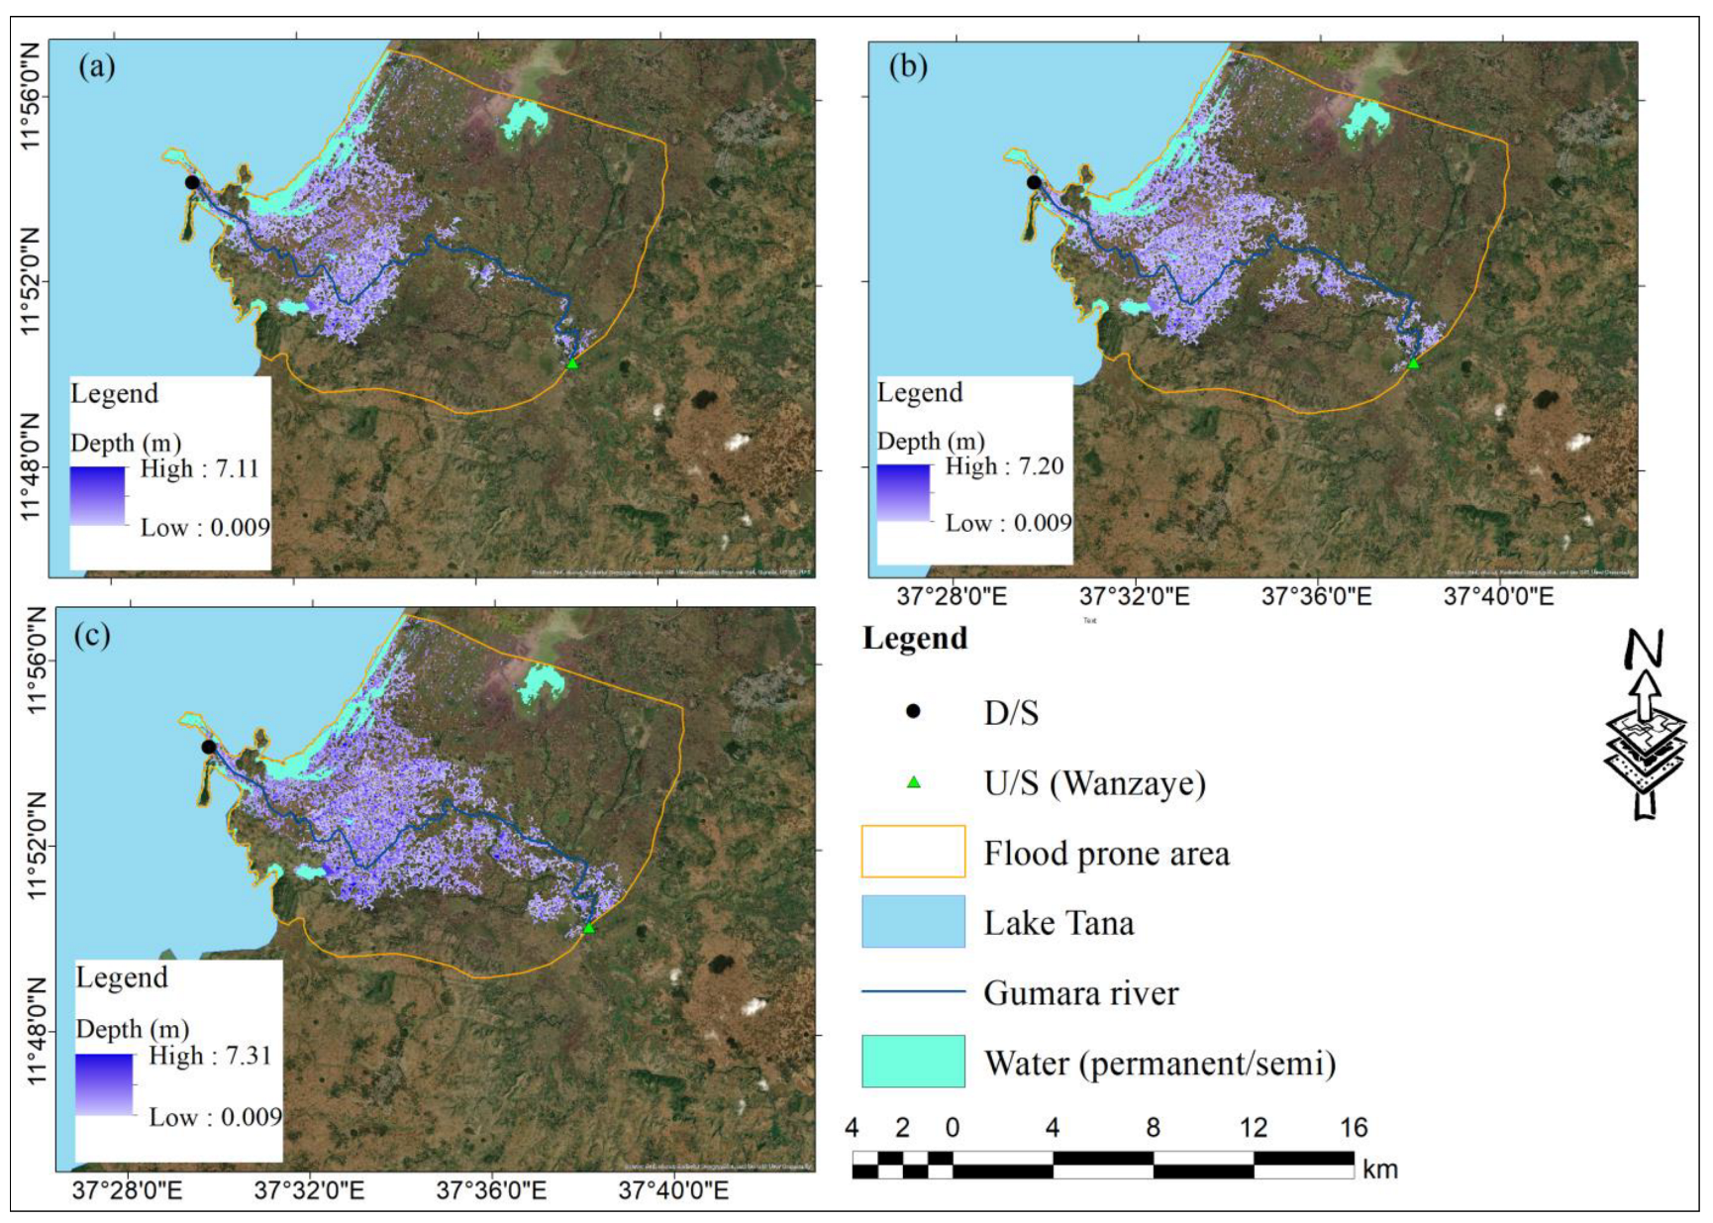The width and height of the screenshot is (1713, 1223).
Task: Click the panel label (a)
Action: (97, 67)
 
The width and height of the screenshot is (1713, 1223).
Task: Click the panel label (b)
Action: (908, 66)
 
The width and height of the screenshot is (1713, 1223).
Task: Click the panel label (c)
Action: (92, 635)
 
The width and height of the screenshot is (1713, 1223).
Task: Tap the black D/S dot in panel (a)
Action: (192, 182)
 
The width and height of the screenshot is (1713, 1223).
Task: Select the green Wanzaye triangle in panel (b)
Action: (1413, 363)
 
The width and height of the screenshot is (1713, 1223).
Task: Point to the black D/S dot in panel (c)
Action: (208, 747)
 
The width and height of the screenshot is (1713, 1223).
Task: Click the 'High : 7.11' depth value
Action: (199, 468)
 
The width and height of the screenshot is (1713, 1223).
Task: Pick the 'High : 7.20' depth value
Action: (1004, 466)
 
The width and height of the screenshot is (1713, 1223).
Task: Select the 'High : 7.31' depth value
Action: (210, 1056)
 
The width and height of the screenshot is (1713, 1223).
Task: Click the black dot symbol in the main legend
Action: (913, 711)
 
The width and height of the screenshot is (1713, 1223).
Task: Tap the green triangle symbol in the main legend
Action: (913, 782)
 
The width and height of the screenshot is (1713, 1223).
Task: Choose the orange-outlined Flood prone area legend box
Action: (913, 852)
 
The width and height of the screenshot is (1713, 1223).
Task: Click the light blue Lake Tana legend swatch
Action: (913, 922)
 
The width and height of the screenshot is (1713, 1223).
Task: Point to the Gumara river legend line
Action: (913, 991)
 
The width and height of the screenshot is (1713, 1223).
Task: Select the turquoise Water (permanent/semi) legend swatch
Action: (913, 1062)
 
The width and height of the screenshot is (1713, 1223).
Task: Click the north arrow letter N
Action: (1645, 650)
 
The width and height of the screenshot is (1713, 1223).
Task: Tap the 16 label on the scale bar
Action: (1354, 1128)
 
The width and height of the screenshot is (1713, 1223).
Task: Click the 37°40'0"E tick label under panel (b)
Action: (1499, 596)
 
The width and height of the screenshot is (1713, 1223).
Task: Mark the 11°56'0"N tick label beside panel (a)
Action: (32, 96)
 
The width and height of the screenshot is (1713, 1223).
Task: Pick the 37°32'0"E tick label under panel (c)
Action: (309, 1190)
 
